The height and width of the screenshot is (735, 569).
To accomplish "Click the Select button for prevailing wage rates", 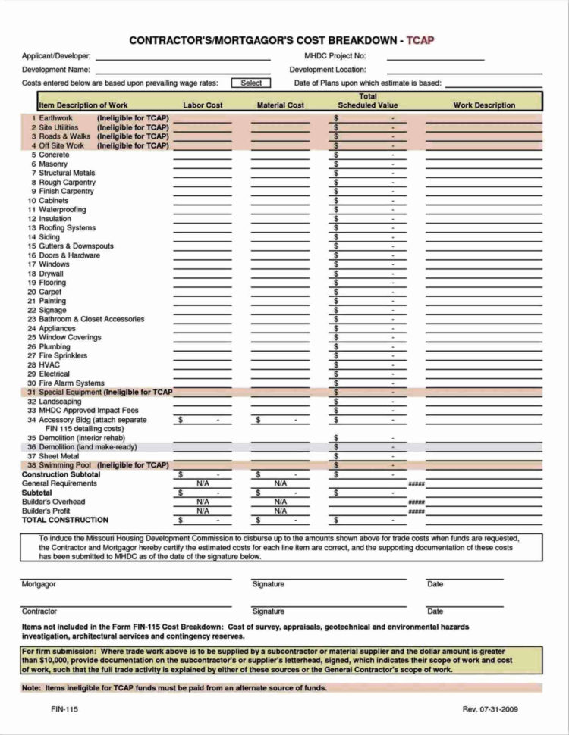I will pyautogui.click(x=251, y=83).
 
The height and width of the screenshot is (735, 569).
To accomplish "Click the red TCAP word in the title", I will pyautogui.click(x=420, y=40).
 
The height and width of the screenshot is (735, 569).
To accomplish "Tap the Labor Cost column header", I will pyautogui.click(x=203, y=105).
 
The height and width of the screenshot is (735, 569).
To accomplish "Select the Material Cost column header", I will pyautogui.click(x=281, y=105).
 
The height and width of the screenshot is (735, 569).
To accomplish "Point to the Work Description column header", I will pyautogui.click(x=484, y=105).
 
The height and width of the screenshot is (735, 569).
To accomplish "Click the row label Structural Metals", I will pyautogui.click(x=67, y=174).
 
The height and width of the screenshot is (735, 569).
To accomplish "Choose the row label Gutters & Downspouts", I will pyautogui.click(x=76, y=246).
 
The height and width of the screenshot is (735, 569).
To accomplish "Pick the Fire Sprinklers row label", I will pyautogui.click(x=63, y=355).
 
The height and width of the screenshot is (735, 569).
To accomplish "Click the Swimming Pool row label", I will pyautogui.click(x=61, y=465).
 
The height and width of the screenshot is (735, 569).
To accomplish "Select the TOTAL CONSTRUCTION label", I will pyautogui.click(x=65, y=521).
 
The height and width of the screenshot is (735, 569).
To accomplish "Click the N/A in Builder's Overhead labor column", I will pyautogui.click(x=203, y=502).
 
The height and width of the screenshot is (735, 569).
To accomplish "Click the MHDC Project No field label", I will pyautogui.click(x=335, y=56).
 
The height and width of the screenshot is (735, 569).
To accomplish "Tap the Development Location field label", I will pyautogui.click(x=328, y=70).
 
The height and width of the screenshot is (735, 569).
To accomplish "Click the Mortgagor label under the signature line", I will pyautogui.click(x=38, y=584).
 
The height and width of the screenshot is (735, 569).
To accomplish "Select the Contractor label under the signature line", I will pyautogui.click(x=39, y=611).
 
